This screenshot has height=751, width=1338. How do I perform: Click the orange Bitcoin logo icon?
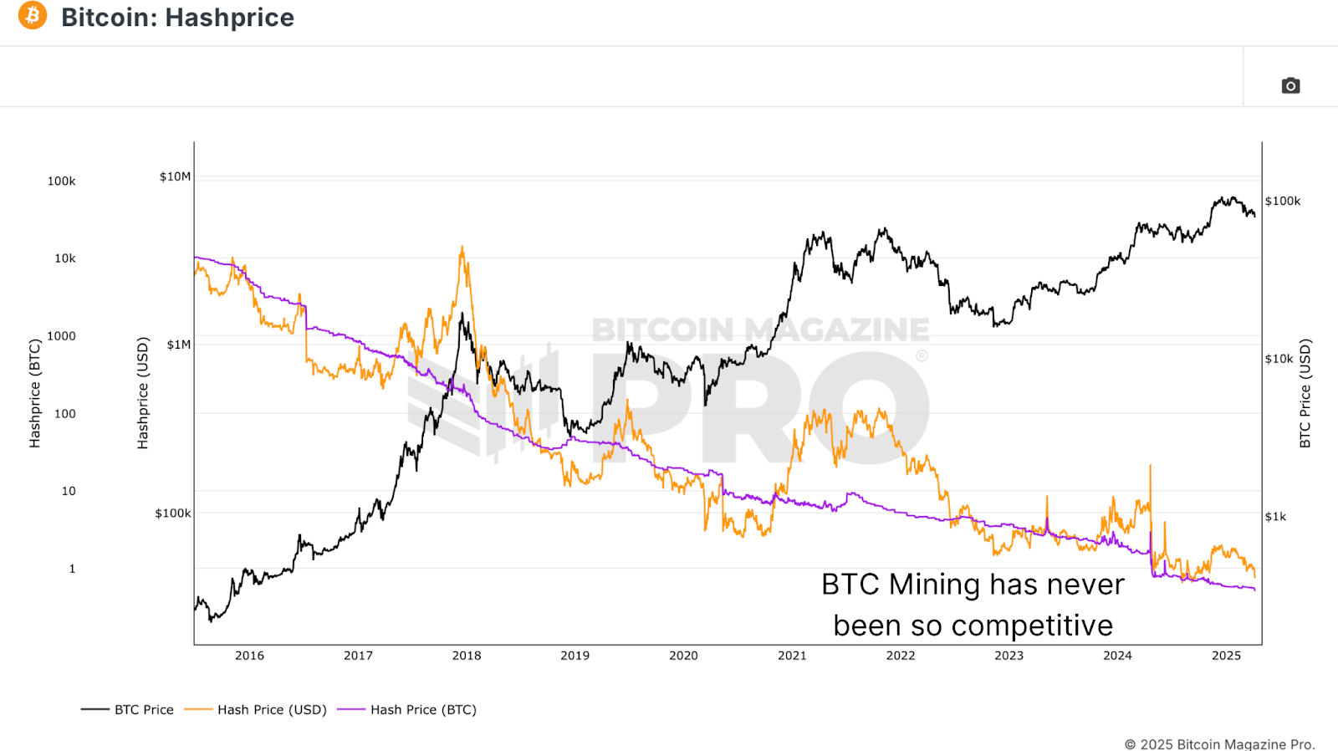[33, 15]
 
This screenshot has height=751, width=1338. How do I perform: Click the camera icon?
[1290, 85]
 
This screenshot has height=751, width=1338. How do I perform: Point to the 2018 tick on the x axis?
[467, 656]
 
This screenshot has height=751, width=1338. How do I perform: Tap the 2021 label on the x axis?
[792, 656]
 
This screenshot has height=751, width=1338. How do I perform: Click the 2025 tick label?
[1226, 656]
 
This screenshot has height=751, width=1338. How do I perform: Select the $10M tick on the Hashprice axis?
[175, 176]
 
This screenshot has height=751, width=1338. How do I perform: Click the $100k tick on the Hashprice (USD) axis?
[172, 513]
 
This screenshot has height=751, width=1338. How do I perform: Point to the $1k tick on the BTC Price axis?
[1275, 517]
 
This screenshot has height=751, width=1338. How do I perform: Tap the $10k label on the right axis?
[1279, 359]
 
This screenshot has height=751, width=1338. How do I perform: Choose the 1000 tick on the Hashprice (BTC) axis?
[61, 336]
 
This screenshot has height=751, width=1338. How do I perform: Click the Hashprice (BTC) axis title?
[34, 393]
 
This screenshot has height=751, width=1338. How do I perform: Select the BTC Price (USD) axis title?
[1305, 393]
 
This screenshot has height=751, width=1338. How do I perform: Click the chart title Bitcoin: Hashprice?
[177, 18]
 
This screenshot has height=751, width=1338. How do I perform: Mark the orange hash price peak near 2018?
[462, 248]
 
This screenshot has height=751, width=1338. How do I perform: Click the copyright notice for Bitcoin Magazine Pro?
[1219, 744]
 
